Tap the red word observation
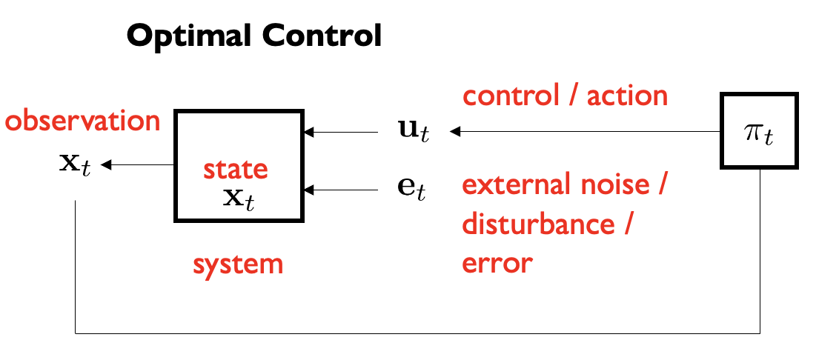tap(82, 120)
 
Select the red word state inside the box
tap(235, 170)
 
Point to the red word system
tap(238, 264)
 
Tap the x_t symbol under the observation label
tap(74, 165)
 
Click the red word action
tap(628, 96)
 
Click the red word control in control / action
tap(511, 96)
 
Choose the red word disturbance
tap(534, 224)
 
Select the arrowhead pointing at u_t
tap(454, 133)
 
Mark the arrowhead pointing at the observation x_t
tap(105, 164)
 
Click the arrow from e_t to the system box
tap(341, 190)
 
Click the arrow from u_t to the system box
tap(341, 133)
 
